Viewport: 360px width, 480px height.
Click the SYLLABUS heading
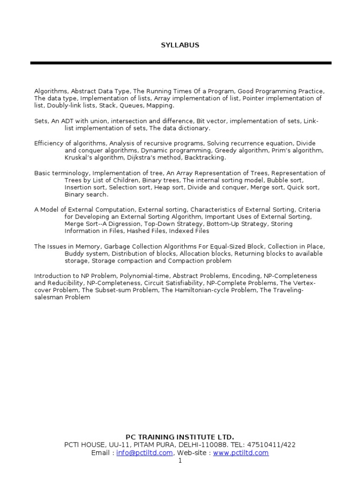[180, 45]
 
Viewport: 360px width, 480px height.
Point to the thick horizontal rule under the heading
[180, 63]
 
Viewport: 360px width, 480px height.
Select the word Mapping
[160, 106]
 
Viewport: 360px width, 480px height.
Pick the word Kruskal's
[79, 157]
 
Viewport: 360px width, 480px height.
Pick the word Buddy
[75, 254]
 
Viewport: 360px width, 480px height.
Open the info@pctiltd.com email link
[145, 453]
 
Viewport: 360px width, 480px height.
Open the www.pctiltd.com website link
[240, 453]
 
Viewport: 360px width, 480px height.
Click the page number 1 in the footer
[180, 461]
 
